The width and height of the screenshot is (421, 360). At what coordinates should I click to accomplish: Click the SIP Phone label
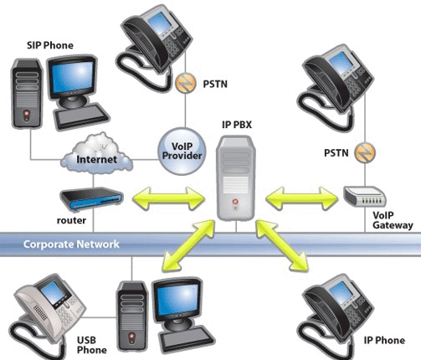tap(50, 45)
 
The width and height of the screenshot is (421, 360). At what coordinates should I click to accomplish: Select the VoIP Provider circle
tap(182, 151)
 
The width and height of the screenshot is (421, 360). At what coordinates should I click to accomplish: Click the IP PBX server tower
tap(236, 177)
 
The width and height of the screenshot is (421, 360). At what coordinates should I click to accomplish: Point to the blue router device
tap(91, 198)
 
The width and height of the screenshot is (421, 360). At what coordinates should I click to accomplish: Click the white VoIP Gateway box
tap(365, 197)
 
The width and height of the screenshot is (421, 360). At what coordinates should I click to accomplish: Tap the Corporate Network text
tap(71, 244)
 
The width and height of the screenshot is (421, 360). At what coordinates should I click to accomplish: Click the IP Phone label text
tap(384, 340)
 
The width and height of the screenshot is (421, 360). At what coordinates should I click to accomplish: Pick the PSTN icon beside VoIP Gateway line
tap(365, 153)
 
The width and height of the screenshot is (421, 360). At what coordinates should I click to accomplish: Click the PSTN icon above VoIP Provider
tap(185, 83)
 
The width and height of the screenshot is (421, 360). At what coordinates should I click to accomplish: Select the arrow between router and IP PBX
tap(169, 198)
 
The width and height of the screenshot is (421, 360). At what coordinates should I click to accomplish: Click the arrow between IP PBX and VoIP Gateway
tap(302, 198)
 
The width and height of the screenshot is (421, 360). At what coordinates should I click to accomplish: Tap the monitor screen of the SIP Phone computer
tap(73, 77)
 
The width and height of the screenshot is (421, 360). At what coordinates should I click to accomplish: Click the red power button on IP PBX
tap(235, 202)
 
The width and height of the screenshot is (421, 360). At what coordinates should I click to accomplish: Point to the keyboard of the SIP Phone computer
tap(81, 116)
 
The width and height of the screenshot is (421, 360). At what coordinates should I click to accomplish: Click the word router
tap(71, 220)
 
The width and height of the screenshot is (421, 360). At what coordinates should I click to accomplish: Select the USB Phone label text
tap(92, 345)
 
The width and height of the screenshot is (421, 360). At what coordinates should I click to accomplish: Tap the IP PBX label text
tap(237, 125)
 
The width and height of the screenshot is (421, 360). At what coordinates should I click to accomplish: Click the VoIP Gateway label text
tap(393, 220)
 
